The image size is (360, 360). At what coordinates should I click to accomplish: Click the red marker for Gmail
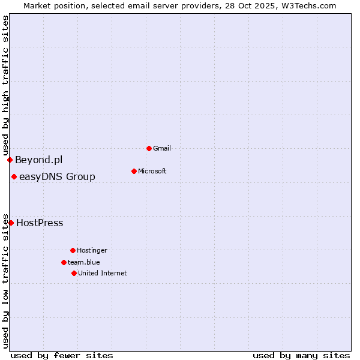coord(149,148)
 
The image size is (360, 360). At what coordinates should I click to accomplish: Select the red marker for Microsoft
coord(134,171)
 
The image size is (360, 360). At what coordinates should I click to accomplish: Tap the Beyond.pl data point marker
coord(10,160)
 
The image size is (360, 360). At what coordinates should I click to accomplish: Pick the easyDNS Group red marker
coord(14,176)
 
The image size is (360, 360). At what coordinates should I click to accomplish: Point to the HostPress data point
coord(11,223)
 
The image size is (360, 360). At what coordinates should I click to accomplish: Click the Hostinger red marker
coord(73,250)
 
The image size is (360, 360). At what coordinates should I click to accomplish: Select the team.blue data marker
coord(64,262)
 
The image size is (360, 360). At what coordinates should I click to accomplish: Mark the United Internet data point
coord(74,273)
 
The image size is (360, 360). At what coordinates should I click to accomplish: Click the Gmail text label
coord(162,148)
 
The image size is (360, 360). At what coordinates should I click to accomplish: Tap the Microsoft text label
coord(152,171)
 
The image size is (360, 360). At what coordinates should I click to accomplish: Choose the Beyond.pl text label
coord(38,160)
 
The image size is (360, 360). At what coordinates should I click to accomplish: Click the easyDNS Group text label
coord(57,176)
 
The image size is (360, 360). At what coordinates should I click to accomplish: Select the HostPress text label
coord(40,223)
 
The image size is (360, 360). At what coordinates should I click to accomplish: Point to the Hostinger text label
coord(92,250)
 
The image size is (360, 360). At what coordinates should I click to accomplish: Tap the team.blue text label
coord(84,262)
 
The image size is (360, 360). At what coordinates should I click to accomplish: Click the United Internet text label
coord(103,273)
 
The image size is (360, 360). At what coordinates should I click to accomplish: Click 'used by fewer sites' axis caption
coord(62,355)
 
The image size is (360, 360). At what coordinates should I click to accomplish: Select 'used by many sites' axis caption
coord(301,355)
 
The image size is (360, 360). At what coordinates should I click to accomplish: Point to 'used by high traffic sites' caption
coord(5,85)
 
